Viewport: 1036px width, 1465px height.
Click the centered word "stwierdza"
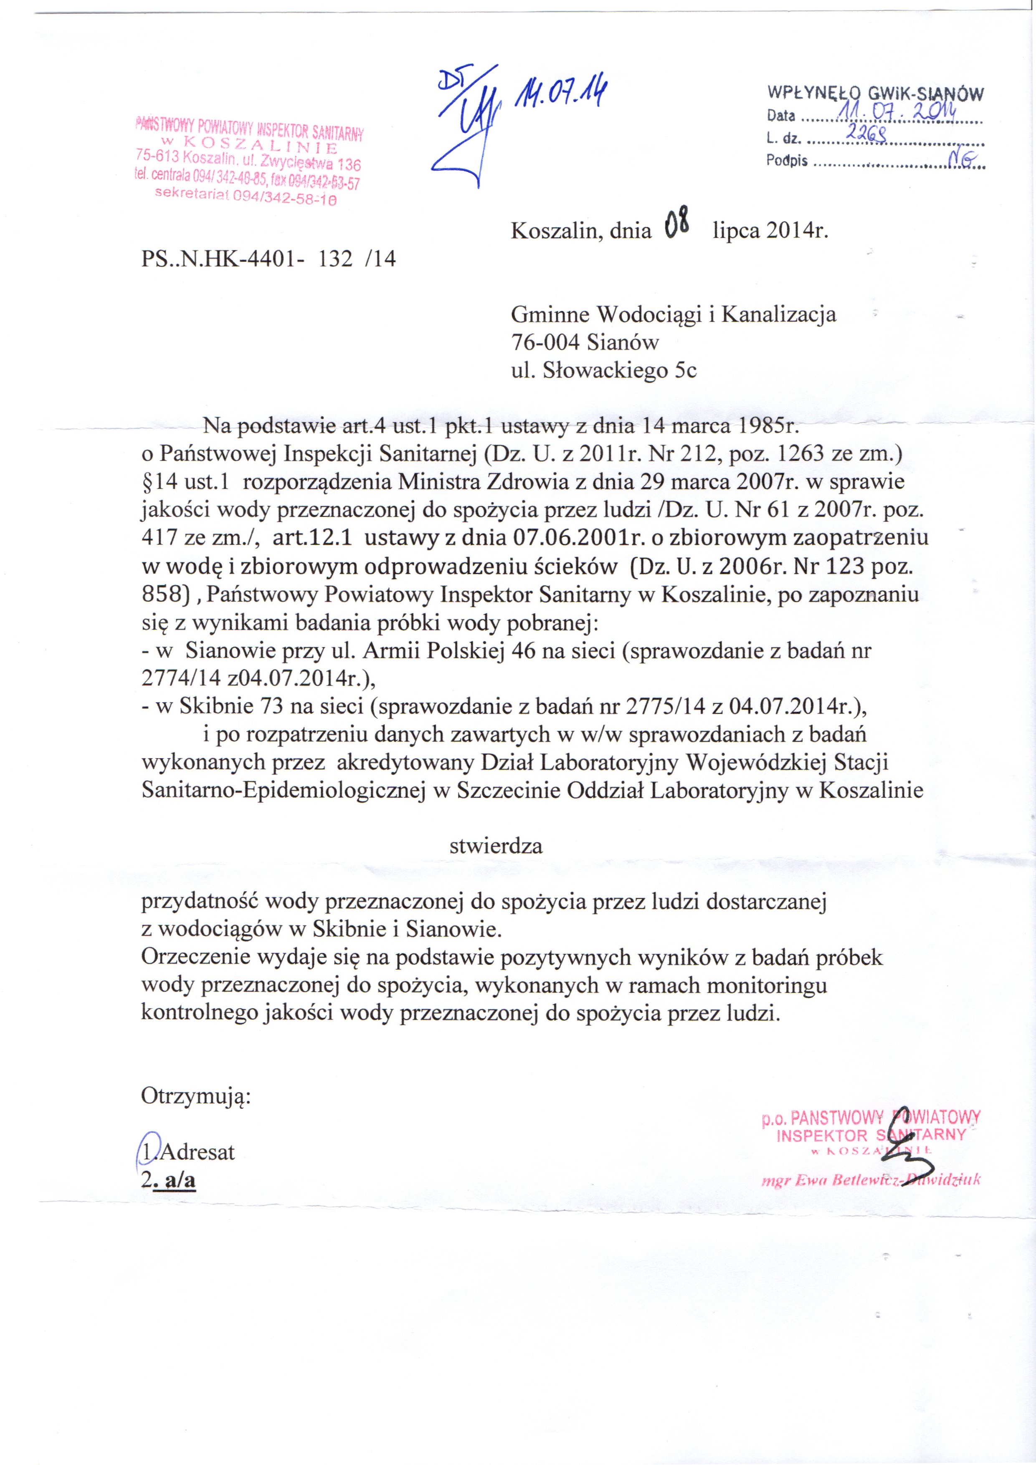[x=496, y=846]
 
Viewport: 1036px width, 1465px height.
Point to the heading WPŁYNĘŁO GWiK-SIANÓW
[x=875, y=94]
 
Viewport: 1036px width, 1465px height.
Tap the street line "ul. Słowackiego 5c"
[x=604, y=371]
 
